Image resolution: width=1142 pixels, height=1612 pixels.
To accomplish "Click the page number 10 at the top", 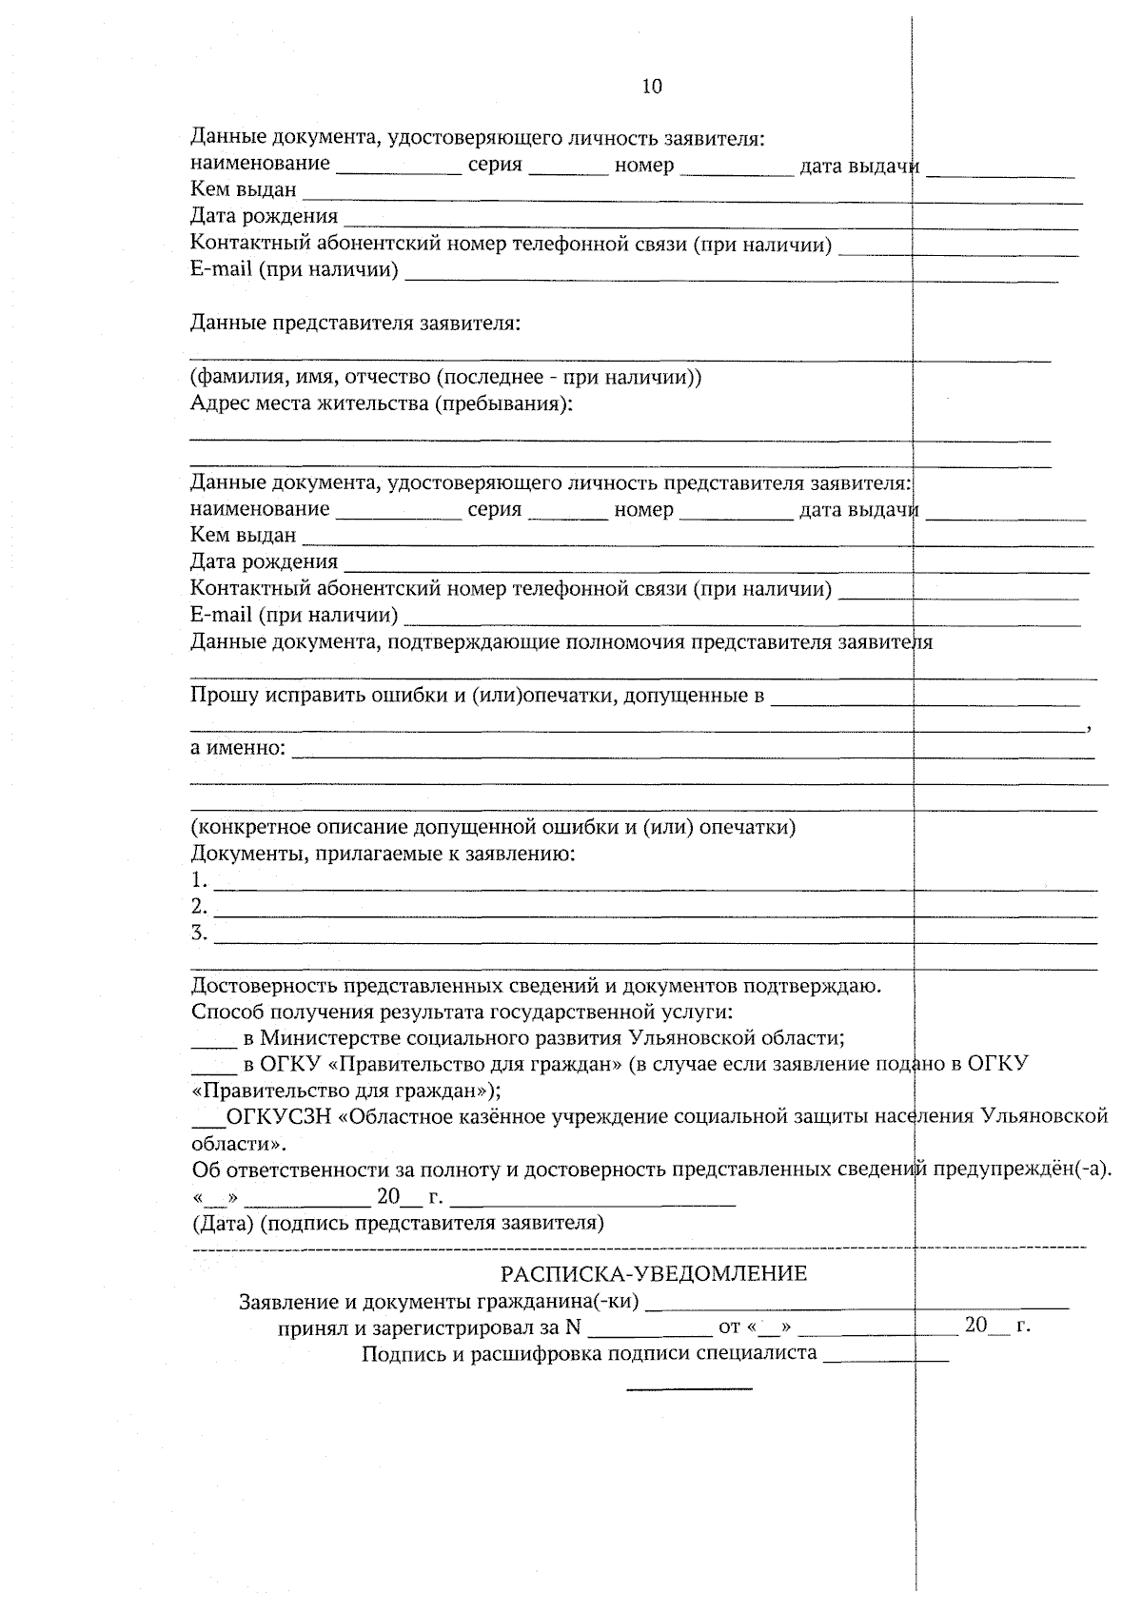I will click(x=652, y=87).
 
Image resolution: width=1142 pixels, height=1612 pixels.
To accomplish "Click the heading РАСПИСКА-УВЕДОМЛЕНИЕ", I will click(x=654, y=1273).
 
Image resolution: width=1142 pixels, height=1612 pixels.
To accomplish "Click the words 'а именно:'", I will click(x=238, y=747).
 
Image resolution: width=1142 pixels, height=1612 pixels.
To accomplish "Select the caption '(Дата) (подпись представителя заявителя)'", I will click(x=398, y=1222).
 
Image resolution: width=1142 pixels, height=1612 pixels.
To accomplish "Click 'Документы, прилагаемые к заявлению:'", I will click(x=383, y=853).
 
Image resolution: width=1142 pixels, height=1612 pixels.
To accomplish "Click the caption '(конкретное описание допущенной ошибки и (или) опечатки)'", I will click(x=493, y=826).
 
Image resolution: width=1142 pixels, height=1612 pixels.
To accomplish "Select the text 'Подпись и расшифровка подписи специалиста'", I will click(x=589, y=1353).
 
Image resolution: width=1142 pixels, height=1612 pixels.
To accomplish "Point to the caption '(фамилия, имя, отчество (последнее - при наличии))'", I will click(x=445, y=377).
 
